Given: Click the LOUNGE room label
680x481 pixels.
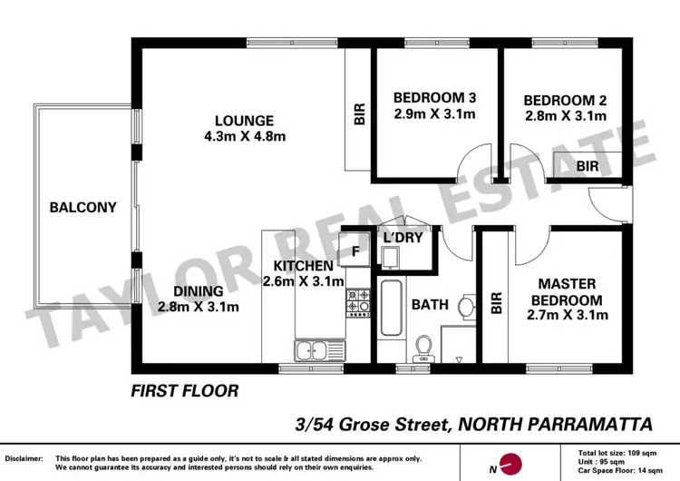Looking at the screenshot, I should pyautogui.click(x=244, y=121).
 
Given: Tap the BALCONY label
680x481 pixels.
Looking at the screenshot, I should pyautogui.click(x=83, y=207).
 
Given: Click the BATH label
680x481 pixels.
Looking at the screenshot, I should pyautogui.click(x=430, y=305).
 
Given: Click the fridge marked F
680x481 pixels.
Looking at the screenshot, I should pyautogui.click(x=355, y=250).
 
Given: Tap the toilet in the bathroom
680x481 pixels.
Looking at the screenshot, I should pyautogui.click(x=423, y=348).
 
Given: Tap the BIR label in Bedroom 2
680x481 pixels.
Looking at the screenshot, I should pyautogui.click(x=588, y=167).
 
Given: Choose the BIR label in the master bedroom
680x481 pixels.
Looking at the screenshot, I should pyautogui.click(x=496, y=302).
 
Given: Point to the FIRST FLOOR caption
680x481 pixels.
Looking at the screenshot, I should pyautogui.click(x=184, y=392).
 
